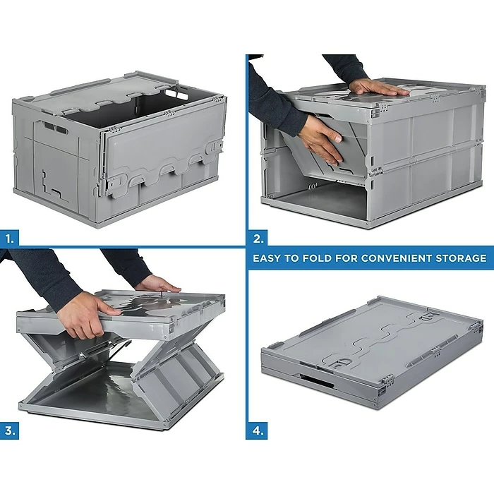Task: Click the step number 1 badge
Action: (9, 239)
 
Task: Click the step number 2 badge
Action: (258, 239)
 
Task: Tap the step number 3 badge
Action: (9, 430)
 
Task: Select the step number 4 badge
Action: (257, 430)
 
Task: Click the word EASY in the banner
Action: (267, 258)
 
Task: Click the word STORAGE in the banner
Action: (461, 258)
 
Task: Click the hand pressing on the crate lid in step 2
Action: (376, 88)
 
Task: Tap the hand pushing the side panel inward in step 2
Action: (322, 139)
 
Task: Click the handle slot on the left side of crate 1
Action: (56, 127)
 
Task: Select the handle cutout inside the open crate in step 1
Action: (176, 93)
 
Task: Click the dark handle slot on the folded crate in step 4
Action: (316, 380)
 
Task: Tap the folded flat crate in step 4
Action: (372, 352)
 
